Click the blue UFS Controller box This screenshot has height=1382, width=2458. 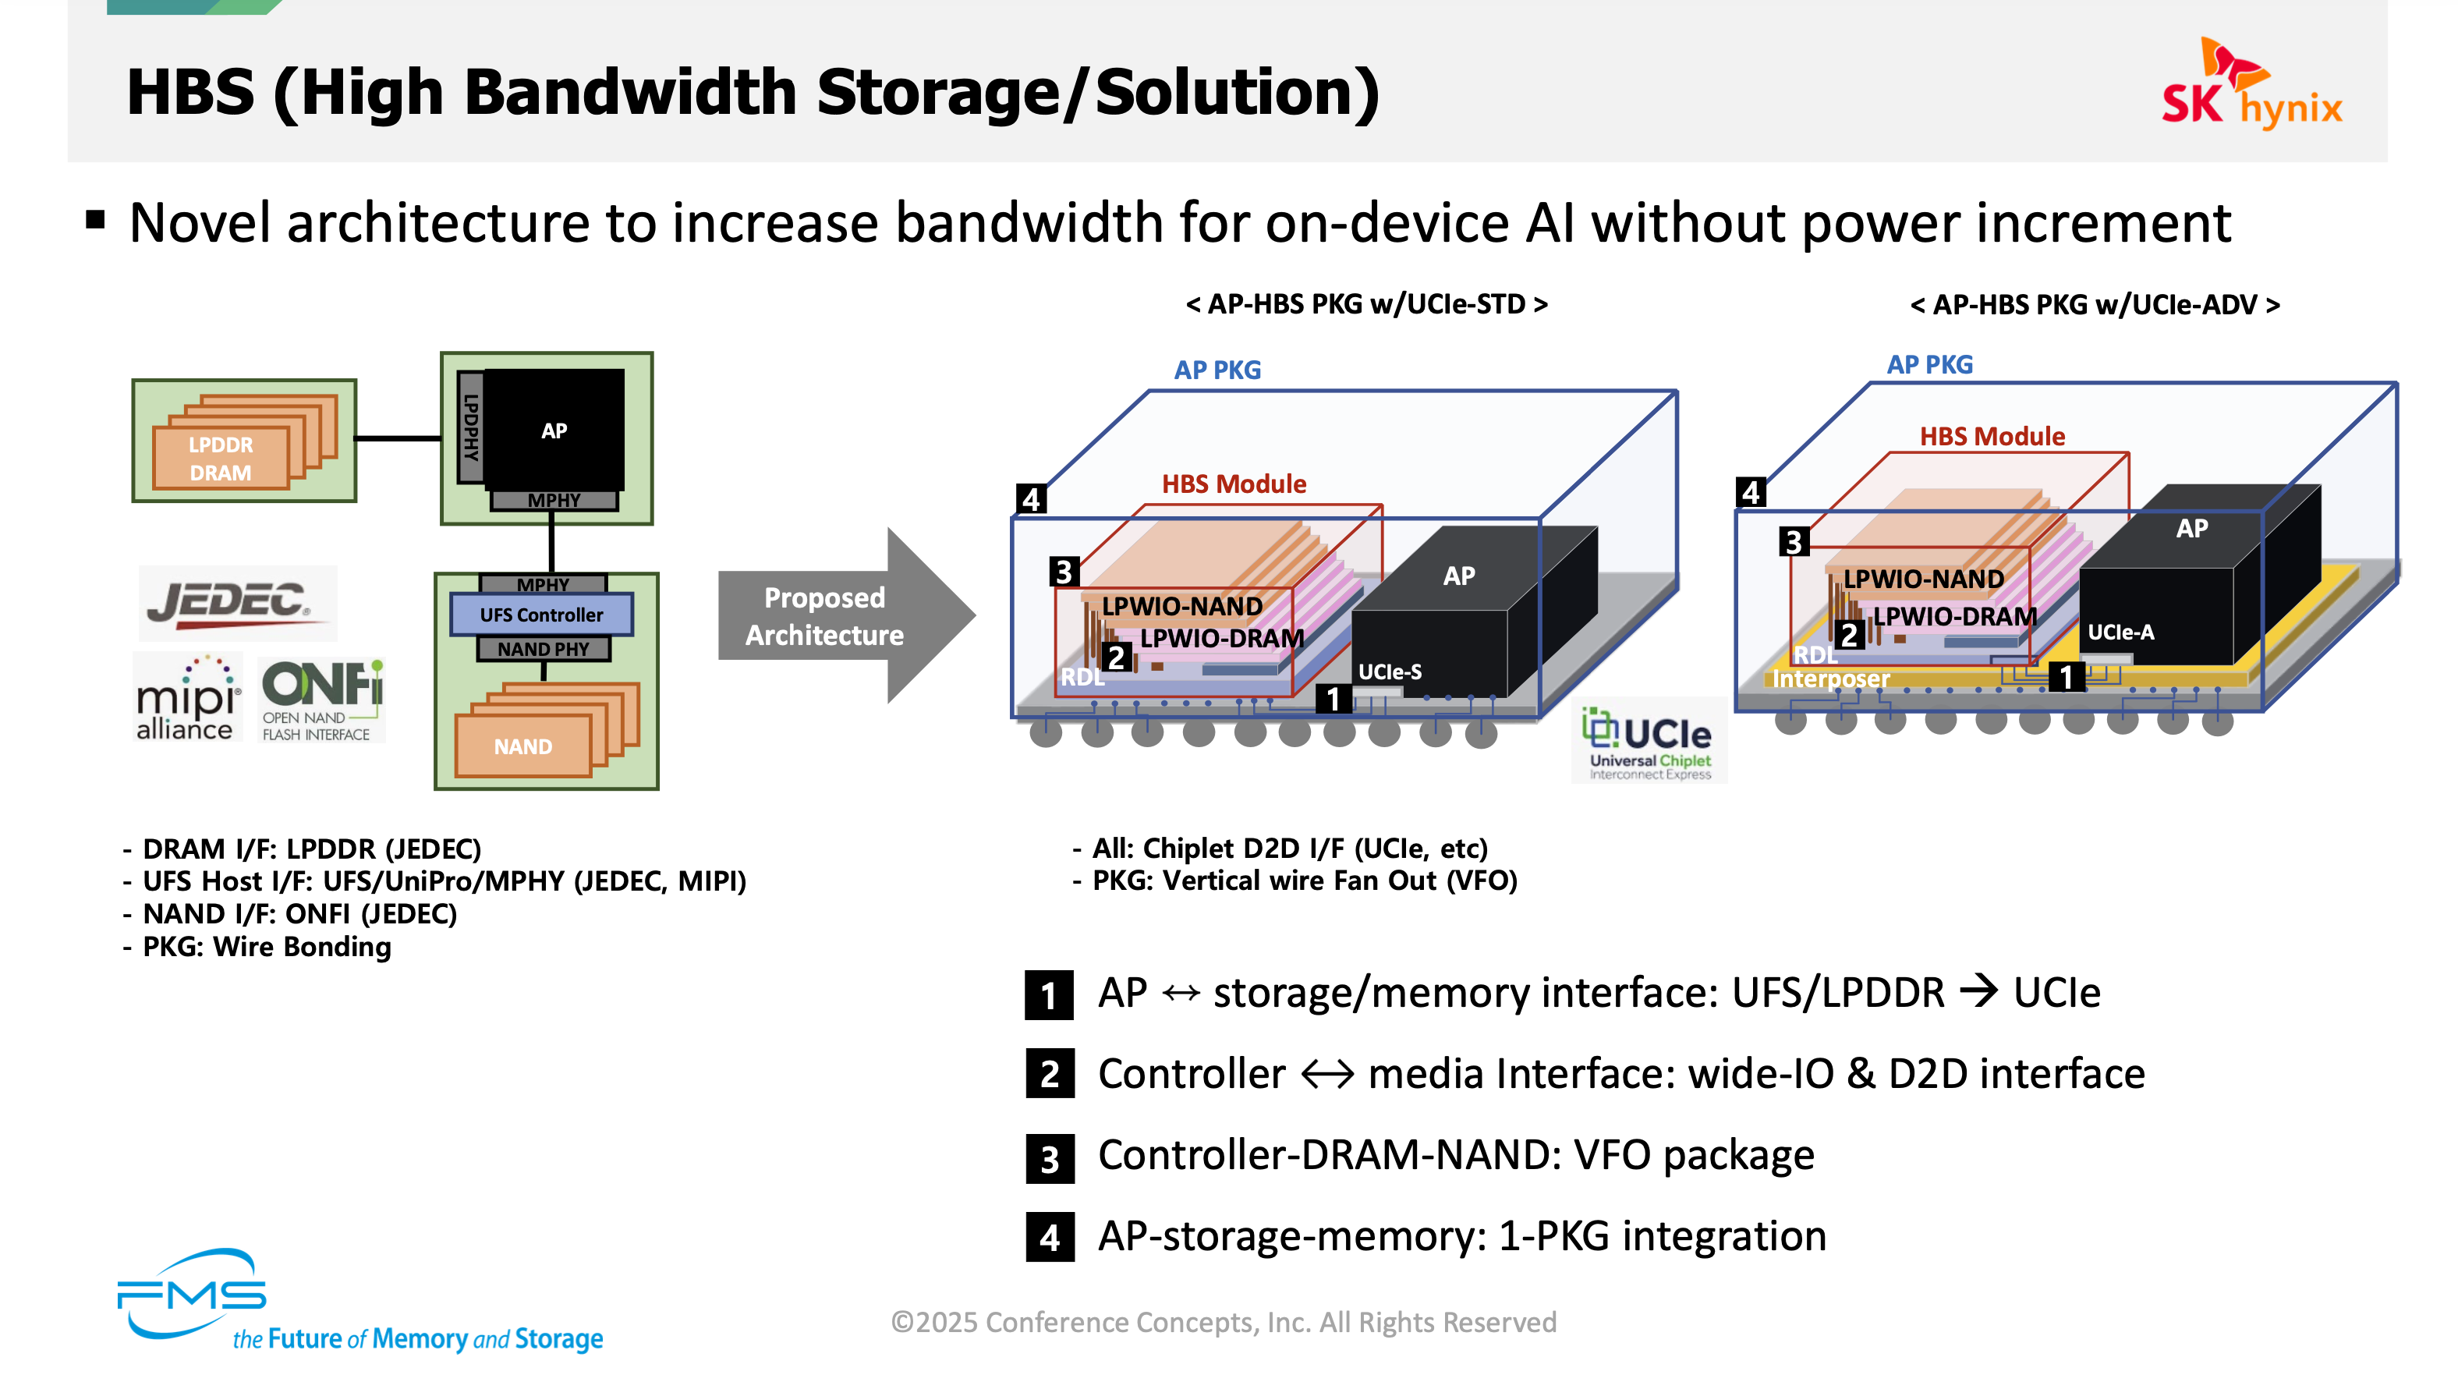(x=541, y=615)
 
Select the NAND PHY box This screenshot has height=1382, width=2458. (x=543, y=649)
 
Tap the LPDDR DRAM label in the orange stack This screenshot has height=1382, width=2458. (x=221, y=459)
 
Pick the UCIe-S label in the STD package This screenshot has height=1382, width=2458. (x=1390, y=672)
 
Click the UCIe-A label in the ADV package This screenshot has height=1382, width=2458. (x=2120, y=632)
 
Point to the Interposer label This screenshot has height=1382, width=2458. (x=1830, y=679)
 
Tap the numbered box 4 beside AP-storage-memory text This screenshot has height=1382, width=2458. (x=1050, y=1238)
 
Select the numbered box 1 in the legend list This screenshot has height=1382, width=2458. (x=1049, y=995)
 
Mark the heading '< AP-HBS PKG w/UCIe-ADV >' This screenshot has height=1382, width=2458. (x=2095, y=306)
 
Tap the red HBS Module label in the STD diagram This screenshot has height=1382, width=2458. (x=1234, y=484)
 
